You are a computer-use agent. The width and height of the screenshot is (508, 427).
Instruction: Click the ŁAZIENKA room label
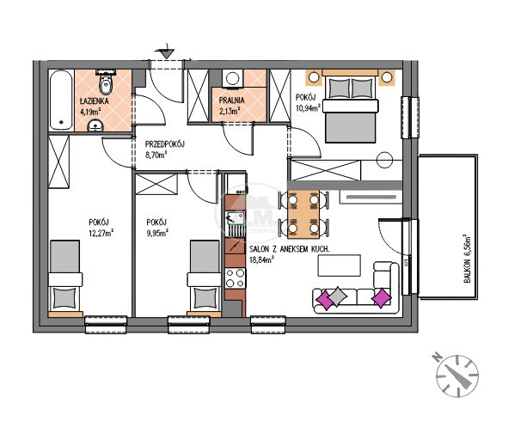pos(95,101)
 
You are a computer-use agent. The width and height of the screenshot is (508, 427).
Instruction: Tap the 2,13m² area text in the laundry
pos(230,111)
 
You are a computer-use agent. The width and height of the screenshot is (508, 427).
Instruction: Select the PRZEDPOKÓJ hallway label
pos(164,144)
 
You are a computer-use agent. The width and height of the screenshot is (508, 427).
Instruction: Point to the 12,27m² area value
pos(101,233)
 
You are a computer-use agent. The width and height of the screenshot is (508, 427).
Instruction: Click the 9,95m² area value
pos(157,233)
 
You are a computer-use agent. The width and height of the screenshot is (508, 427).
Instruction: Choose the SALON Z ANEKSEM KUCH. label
pos(290,249)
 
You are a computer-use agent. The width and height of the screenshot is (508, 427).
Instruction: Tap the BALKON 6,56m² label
pos(467,259)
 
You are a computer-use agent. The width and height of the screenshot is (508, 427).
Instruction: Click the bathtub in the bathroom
pos(62,100)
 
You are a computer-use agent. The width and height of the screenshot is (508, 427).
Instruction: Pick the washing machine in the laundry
pos(233,78)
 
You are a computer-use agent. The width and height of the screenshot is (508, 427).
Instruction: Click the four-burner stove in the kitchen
pos(236,278)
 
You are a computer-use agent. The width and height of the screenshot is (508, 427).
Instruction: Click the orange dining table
pos(303,214)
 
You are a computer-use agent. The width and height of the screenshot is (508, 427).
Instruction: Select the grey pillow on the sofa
pos(337,296)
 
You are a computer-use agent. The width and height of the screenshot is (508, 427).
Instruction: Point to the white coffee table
pos(340,265)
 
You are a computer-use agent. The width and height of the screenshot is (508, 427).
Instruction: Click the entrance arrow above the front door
pos(167,52)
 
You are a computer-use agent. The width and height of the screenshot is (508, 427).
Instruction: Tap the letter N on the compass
pos(438,357)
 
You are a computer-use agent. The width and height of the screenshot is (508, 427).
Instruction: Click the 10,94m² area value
pos(308,107)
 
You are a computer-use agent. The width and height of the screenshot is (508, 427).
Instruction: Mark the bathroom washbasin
pos(95,125)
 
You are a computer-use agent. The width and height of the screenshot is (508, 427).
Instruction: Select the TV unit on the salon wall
pos(371,197)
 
